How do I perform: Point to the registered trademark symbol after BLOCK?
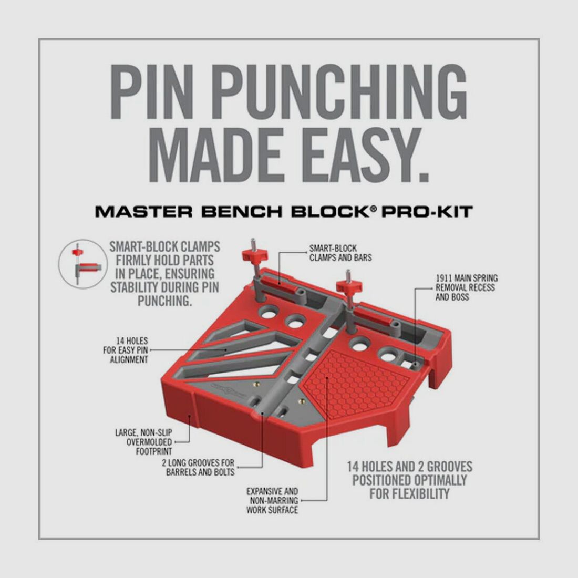click(x=373, y=209)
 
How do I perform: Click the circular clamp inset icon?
click(x=82, y=264)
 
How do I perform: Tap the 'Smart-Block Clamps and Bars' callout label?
click(x=340, y=253)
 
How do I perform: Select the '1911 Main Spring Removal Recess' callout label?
click(x=466, y=287)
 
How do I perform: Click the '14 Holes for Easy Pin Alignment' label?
click(x=126, y=350)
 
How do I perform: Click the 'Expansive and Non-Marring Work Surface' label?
click(x=272, y=500)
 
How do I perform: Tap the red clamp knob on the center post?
click(x=349, y=286)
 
